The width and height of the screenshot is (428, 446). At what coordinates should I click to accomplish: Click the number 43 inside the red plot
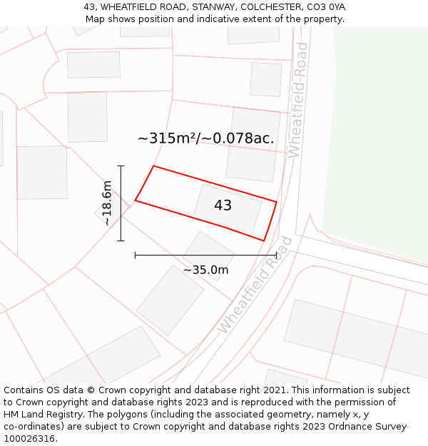click(x=223, y=206)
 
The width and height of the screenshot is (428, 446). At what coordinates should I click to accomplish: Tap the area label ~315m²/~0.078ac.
click(x=205, y=138)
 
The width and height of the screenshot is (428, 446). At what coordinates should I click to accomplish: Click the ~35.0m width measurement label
click(x=205, y=270)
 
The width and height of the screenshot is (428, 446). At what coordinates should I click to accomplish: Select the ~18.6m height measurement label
click(x=107, y=203)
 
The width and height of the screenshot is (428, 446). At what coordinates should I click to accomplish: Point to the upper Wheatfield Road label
click(x=297, y=100)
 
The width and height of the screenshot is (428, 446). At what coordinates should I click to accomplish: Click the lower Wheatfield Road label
click(x=255, y=284)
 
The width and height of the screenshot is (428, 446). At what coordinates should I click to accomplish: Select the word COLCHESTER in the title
click(x=270, y=7)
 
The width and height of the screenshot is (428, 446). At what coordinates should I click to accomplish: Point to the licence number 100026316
click(x=29, y=439)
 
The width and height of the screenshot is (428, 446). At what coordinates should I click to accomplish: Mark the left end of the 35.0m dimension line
click(x=135, y=255)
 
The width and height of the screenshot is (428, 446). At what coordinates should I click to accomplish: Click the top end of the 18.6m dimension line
click(x=121, y=166)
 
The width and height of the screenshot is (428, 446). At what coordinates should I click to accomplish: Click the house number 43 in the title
click(x=89, y=7)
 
